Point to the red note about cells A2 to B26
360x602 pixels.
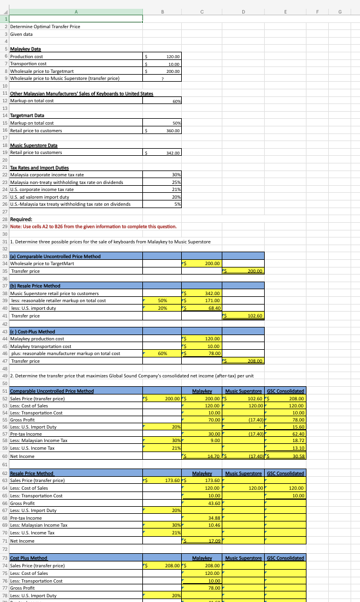tap(89, 226)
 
